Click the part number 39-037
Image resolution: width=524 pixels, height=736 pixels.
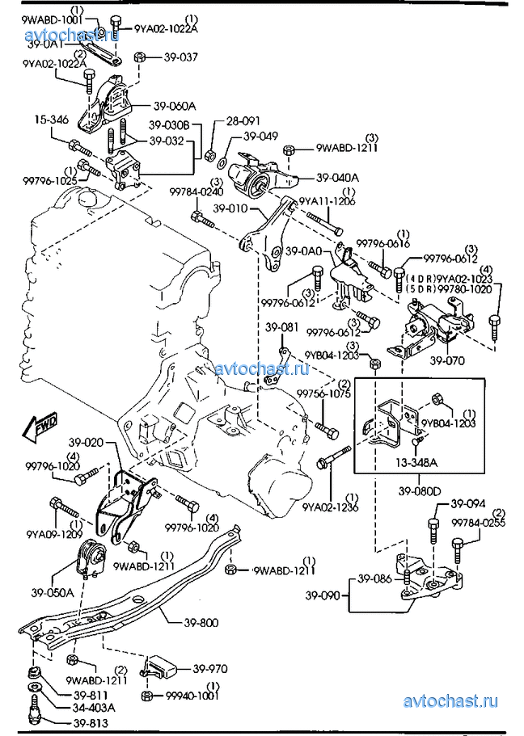[180, 57]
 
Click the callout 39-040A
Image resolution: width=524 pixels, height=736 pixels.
[337, 178]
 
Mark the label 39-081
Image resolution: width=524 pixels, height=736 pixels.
[282, 327]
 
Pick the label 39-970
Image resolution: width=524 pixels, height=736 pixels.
[209, 669]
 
